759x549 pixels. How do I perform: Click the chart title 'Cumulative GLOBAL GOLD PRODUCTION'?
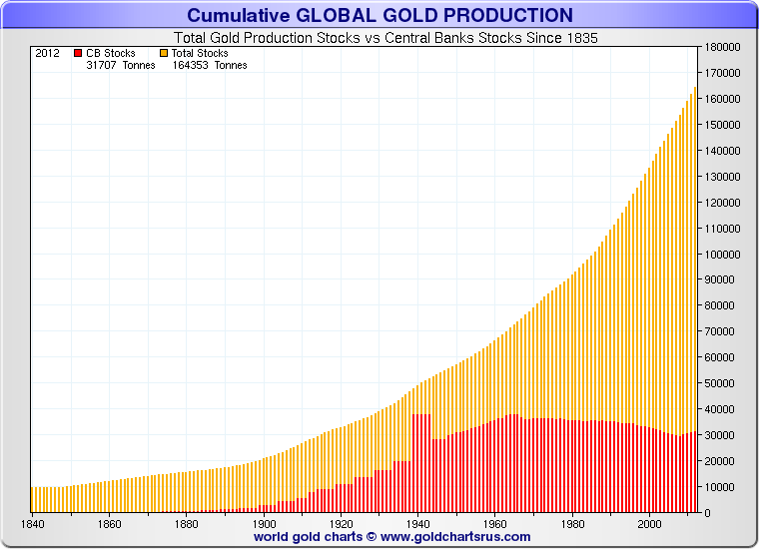tap(379, 16)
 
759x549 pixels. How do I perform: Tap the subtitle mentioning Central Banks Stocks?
tap(385, 38)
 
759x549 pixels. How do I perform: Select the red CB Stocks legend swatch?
tap(78, 53)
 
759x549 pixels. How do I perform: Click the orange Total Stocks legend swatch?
tap(164, 53)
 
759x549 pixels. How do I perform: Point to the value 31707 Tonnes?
tap(121, 65)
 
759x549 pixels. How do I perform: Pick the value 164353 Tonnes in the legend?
tap(210, 65)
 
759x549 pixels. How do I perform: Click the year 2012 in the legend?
tap(48, 53)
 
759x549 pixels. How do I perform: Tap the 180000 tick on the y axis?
tap(723, 47)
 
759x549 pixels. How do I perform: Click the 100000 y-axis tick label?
tap(723, 255)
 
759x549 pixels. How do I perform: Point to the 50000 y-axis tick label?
tap(723, 383)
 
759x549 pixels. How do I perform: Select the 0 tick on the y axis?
tap(708, 513)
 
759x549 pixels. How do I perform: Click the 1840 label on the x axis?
tap(32, 524)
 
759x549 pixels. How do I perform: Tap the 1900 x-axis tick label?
tap(264, 524)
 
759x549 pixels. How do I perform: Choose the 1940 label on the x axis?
tap(418, 524)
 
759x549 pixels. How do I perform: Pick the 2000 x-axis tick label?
tap(649, 524)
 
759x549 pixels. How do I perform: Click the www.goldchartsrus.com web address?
tap(455, 537)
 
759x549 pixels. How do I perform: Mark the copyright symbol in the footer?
tap(372, 537)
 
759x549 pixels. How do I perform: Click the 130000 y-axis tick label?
tap(723, 177)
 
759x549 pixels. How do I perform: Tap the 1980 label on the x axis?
tap(572, 524)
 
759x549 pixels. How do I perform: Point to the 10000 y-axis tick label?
tap(723, 487)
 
